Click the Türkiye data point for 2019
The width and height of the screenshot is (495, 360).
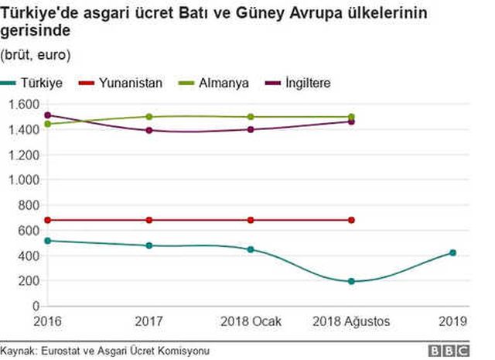(452, 252)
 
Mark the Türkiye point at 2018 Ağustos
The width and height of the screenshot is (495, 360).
(351, 281)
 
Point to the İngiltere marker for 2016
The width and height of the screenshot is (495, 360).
(48, 115)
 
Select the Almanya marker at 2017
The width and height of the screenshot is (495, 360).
(149, 117)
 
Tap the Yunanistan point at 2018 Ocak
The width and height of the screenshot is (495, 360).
(250, 220)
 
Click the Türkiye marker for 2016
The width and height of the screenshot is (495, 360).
(48, 241)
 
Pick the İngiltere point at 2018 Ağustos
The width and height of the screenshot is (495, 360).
(351, 122)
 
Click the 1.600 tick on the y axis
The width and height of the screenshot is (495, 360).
(24, 105)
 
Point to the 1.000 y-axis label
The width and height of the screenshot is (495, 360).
(24, 180)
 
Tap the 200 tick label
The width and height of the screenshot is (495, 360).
(29, 281)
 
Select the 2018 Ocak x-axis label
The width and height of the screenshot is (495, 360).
(250, 320)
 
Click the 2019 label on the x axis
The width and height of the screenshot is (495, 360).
(452, 320)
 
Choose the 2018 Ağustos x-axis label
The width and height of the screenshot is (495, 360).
(351, 320)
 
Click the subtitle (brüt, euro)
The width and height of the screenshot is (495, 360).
(36, 55)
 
